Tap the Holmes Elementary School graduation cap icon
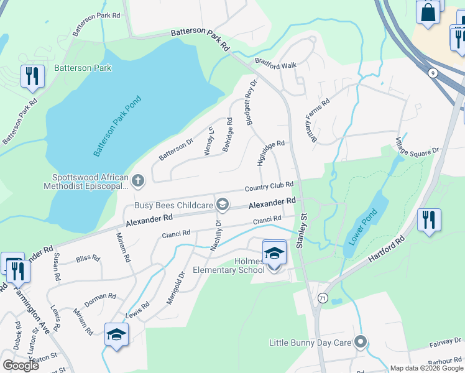tap(274, 252)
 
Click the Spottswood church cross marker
tap(138, 181)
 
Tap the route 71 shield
tap(321, 298)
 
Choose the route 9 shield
tap(433, 73)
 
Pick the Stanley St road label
tap(303, 231)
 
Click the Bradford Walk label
tap(275, 63)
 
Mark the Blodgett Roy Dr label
tap(251, 103)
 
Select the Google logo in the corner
tap(21, 366)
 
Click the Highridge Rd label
tap(270, 152)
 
